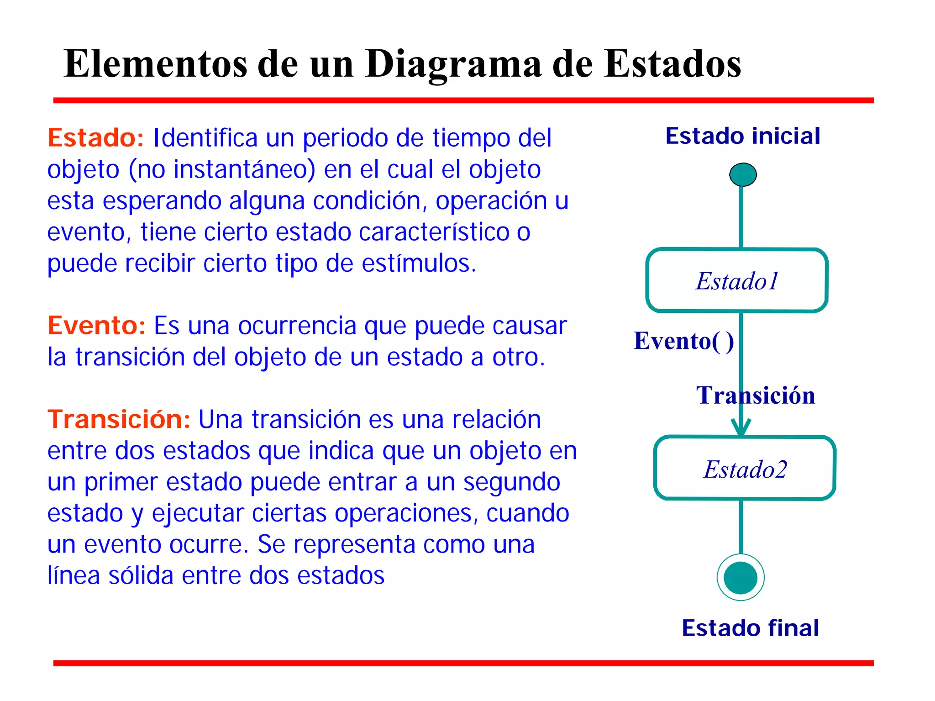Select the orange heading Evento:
[96, 326]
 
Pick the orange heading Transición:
[119, 419]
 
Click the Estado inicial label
[742, 136]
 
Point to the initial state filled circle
[743, 174]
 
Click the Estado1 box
[737, 280]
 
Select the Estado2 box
[745, 469]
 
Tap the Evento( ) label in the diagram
[683, 341]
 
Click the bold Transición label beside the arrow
[756, 395]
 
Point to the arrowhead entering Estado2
[741, 428]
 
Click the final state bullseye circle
[741, 577]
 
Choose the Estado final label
[750, 628]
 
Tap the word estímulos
[419, 264]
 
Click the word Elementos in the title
[155, 64]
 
